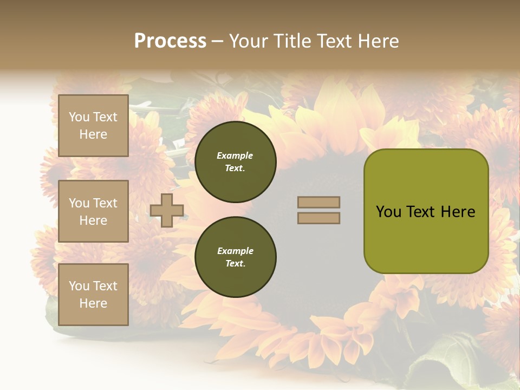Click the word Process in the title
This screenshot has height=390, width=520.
(x=170, y=41)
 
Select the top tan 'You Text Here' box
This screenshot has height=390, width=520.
(x=93, y=126)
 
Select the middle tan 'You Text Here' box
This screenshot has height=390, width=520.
(x=93, y=211)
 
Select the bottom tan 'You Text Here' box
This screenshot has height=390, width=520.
(x=93, y=294)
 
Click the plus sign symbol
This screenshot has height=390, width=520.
(x=167, y=210)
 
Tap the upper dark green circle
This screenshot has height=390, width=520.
(x=235, y=162)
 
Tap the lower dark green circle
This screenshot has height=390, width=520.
(x=235, y=257)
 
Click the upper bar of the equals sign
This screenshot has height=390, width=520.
(x=318, y=203)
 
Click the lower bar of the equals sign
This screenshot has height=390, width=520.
(x=318, y=218)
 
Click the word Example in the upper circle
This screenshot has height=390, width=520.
(x=235, y=155)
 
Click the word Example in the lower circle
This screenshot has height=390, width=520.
(x=235, y=251)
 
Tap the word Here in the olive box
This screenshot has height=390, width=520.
(x=458, y=212)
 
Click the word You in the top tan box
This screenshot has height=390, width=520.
(x=79, y=117)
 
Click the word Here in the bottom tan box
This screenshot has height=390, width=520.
(x=93, y=303)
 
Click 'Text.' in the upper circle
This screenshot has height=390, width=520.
(x=235, y=168)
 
